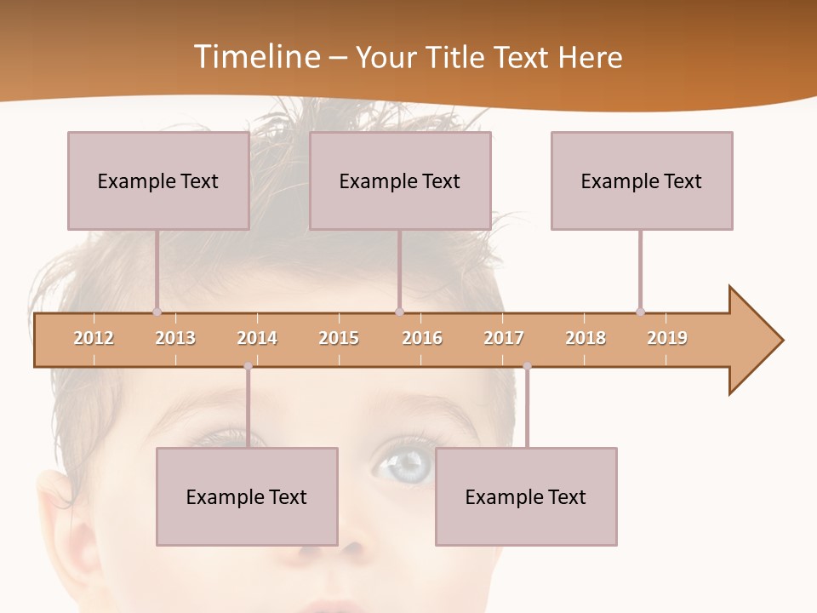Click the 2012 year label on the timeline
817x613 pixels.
pyautogui.click(x=94, y=338)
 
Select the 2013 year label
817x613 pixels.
pyautogui.click(x=175, y=338)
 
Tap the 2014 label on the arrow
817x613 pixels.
pyautogui.click(x=257, y=338)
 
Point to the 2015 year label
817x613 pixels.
pyautogui.click(x=339, y=338)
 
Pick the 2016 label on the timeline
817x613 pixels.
pyautogui.click(x=422, y=338)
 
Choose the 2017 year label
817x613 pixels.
pyautogui.click(x=504, y=338)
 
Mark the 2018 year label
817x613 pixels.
pyautogui.click(x=586, y=338)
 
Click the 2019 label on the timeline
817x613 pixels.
pyautogui.click(x=667, y=338)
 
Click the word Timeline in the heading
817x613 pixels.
pyautogui.click(x=255, y=57)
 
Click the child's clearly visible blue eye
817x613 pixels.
pyautogui.click(x=408, y=464)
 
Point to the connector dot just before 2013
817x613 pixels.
pyautogui.click(x=157, y=312)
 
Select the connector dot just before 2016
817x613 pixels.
pyautogui.click(x=399, y=312)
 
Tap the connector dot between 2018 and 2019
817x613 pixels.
pyautogui.click(x=640, y=312)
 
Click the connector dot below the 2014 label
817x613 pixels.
pyautogui.click(x=248, y=367)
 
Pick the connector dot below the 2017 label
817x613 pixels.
pyautogui.click(x=527, y=367)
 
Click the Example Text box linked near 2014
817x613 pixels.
pyautogui.click(x=247, y=496)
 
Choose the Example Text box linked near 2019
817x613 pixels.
pyautogui.click(x=642, y=180)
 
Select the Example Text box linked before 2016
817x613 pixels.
pyautogui.click(x=400, y=180)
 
